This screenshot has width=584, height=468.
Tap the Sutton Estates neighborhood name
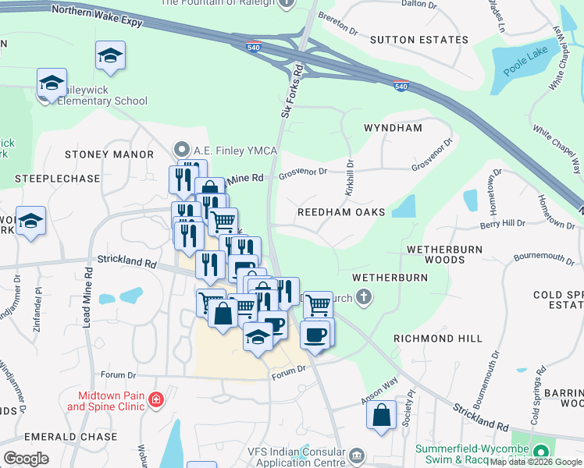(x=408, y=38)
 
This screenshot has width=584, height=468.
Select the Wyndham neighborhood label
(x=393, y=127)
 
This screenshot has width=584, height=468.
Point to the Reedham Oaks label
(x=342, y=212)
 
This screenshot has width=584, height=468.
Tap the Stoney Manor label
(x=109, y=154)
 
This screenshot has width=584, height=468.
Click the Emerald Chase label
(x=71, y=437)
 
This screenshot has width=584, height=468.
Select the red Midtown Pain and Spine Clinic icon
(x=156, y=400)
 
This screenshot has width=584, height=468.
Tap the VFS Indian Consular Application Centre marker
(x=357, y=455)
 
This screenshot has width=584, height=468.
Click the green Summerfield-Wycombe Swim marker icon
(x=541, y=452)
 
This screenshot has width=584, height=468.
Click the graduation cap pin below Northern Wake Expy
(x=110, y=55)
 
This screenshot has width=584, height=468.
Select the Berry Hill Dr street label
(x=503, y=223)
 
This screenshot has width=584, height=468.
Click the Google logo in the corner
(x=26, y=458)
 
